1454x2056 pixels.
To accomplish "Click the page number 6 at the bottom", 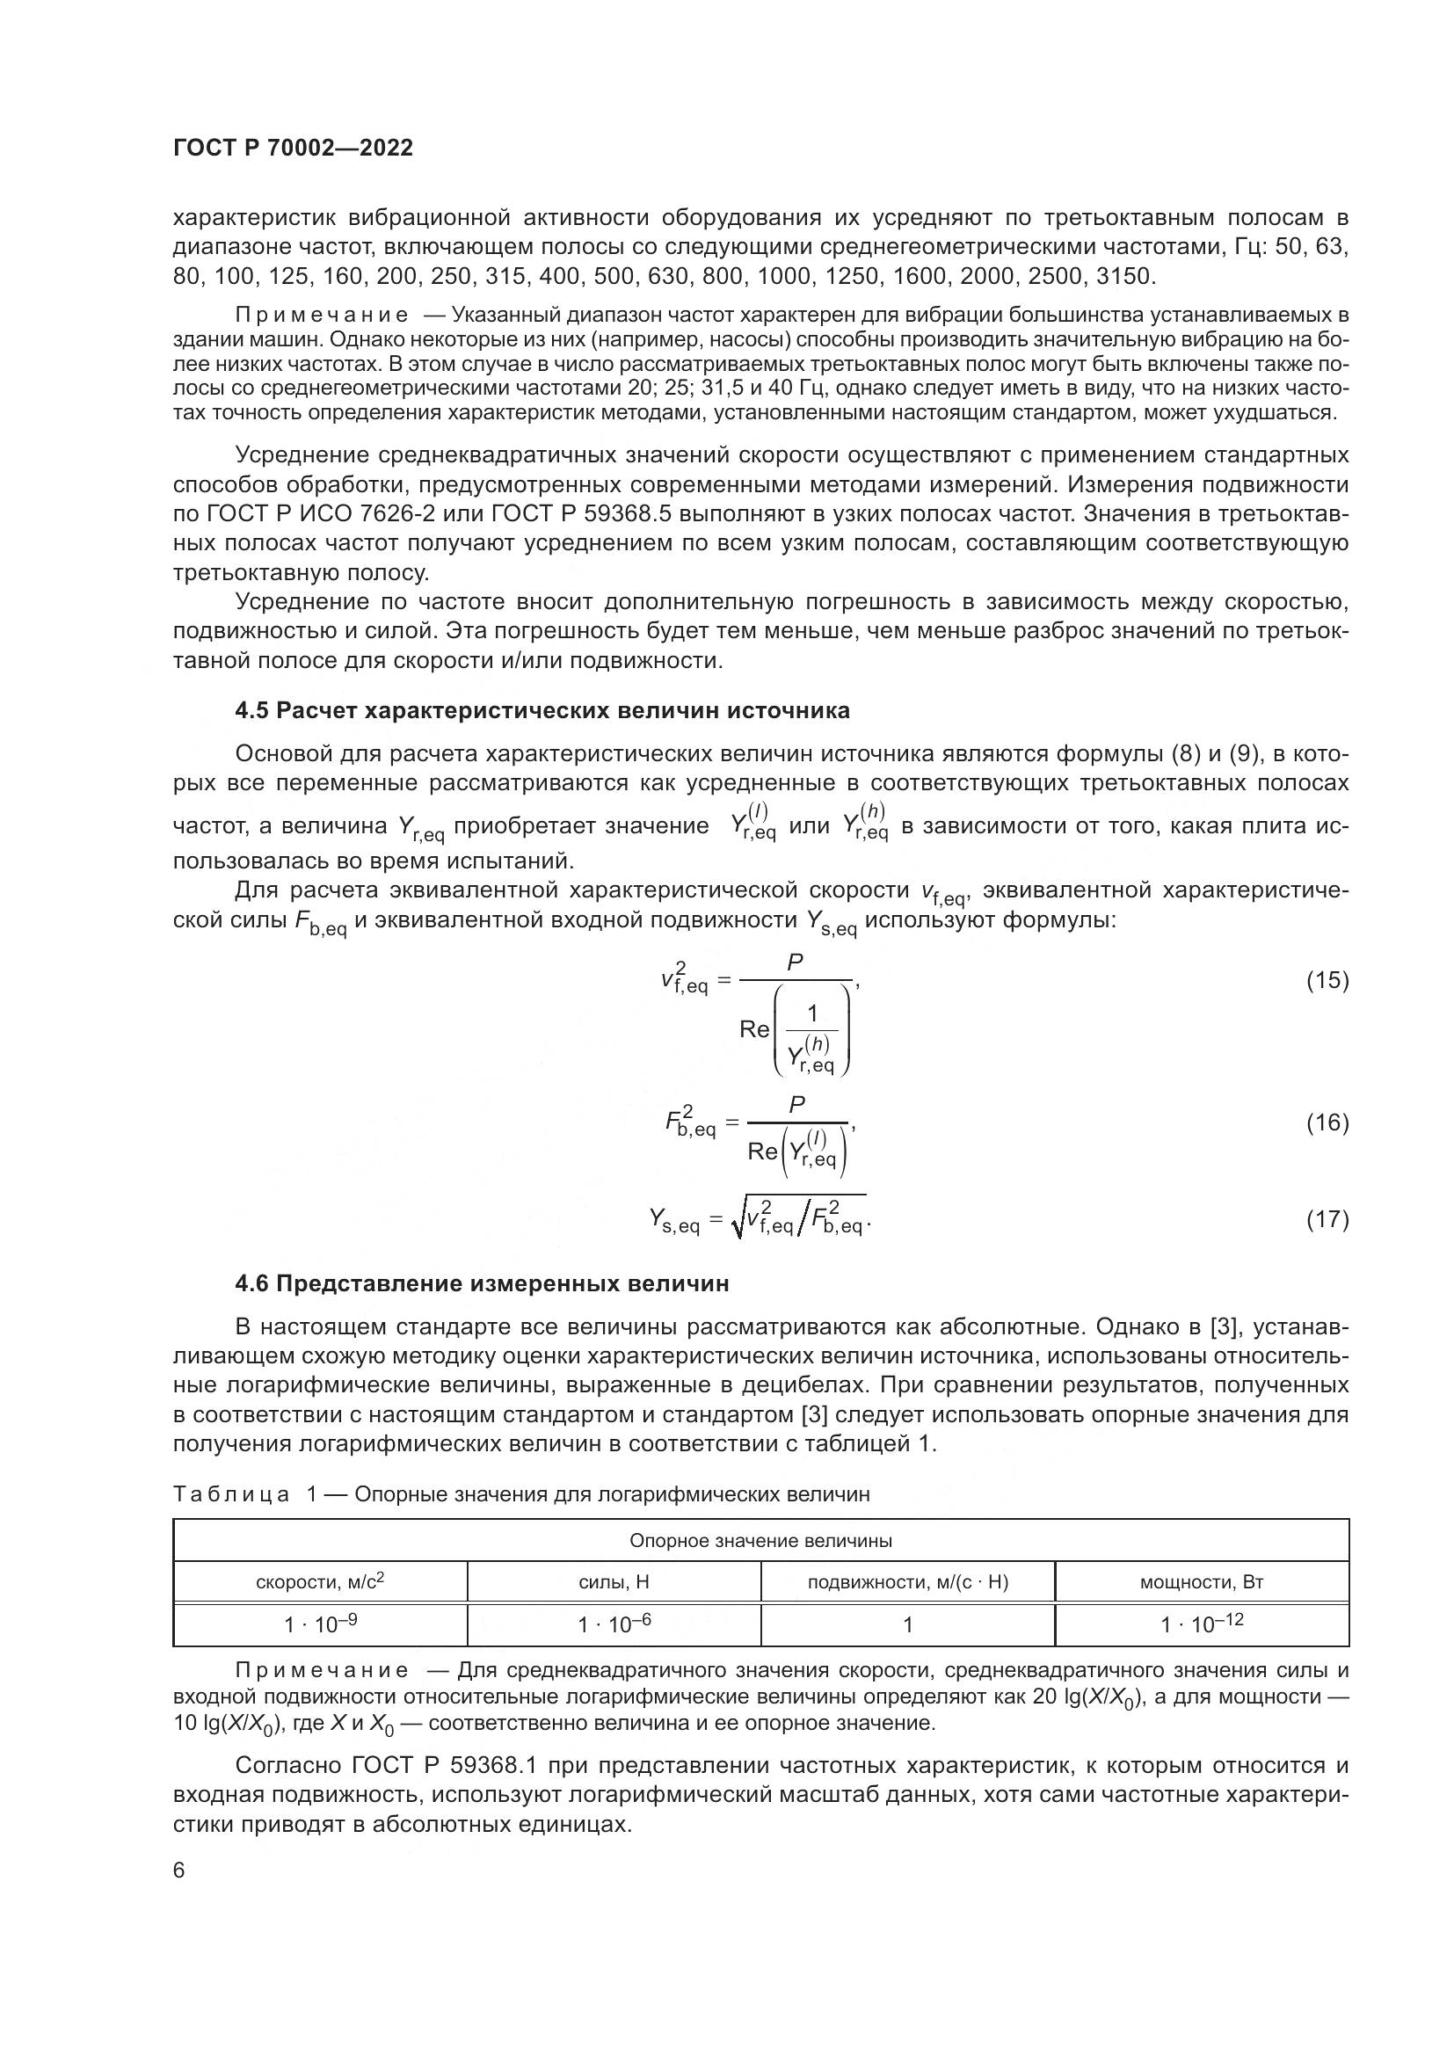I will (179, 1871).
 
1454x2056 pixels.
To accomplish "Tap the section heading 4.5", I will (542, 711).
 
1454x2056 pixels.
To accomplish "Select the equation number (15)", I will (1327, 981).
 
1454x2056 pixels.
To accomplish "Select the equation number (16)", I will (1327, 1122).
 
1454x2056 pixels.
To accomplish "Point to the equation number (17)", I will (1327, 1220).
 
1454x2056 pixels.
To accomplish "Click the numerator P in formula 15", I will (794, 963).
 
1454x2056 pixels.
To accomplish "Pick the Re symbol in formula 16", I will (762, 1152).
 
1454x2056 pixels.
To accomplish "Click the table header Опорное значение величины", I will (760, 1541).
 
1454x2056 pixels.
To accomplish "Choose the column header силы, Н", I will (614, 1582).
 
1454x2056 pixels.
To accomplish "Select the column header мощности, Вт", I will (1201, 1582).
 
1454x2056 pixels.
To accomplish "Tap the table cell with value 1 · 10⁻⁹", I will (320, 1624).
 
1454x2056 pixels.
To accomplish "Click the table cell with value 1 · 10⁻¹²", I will (1201, 1624).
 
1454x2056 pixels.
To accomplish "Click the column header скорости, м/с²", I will (320, 1582).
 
